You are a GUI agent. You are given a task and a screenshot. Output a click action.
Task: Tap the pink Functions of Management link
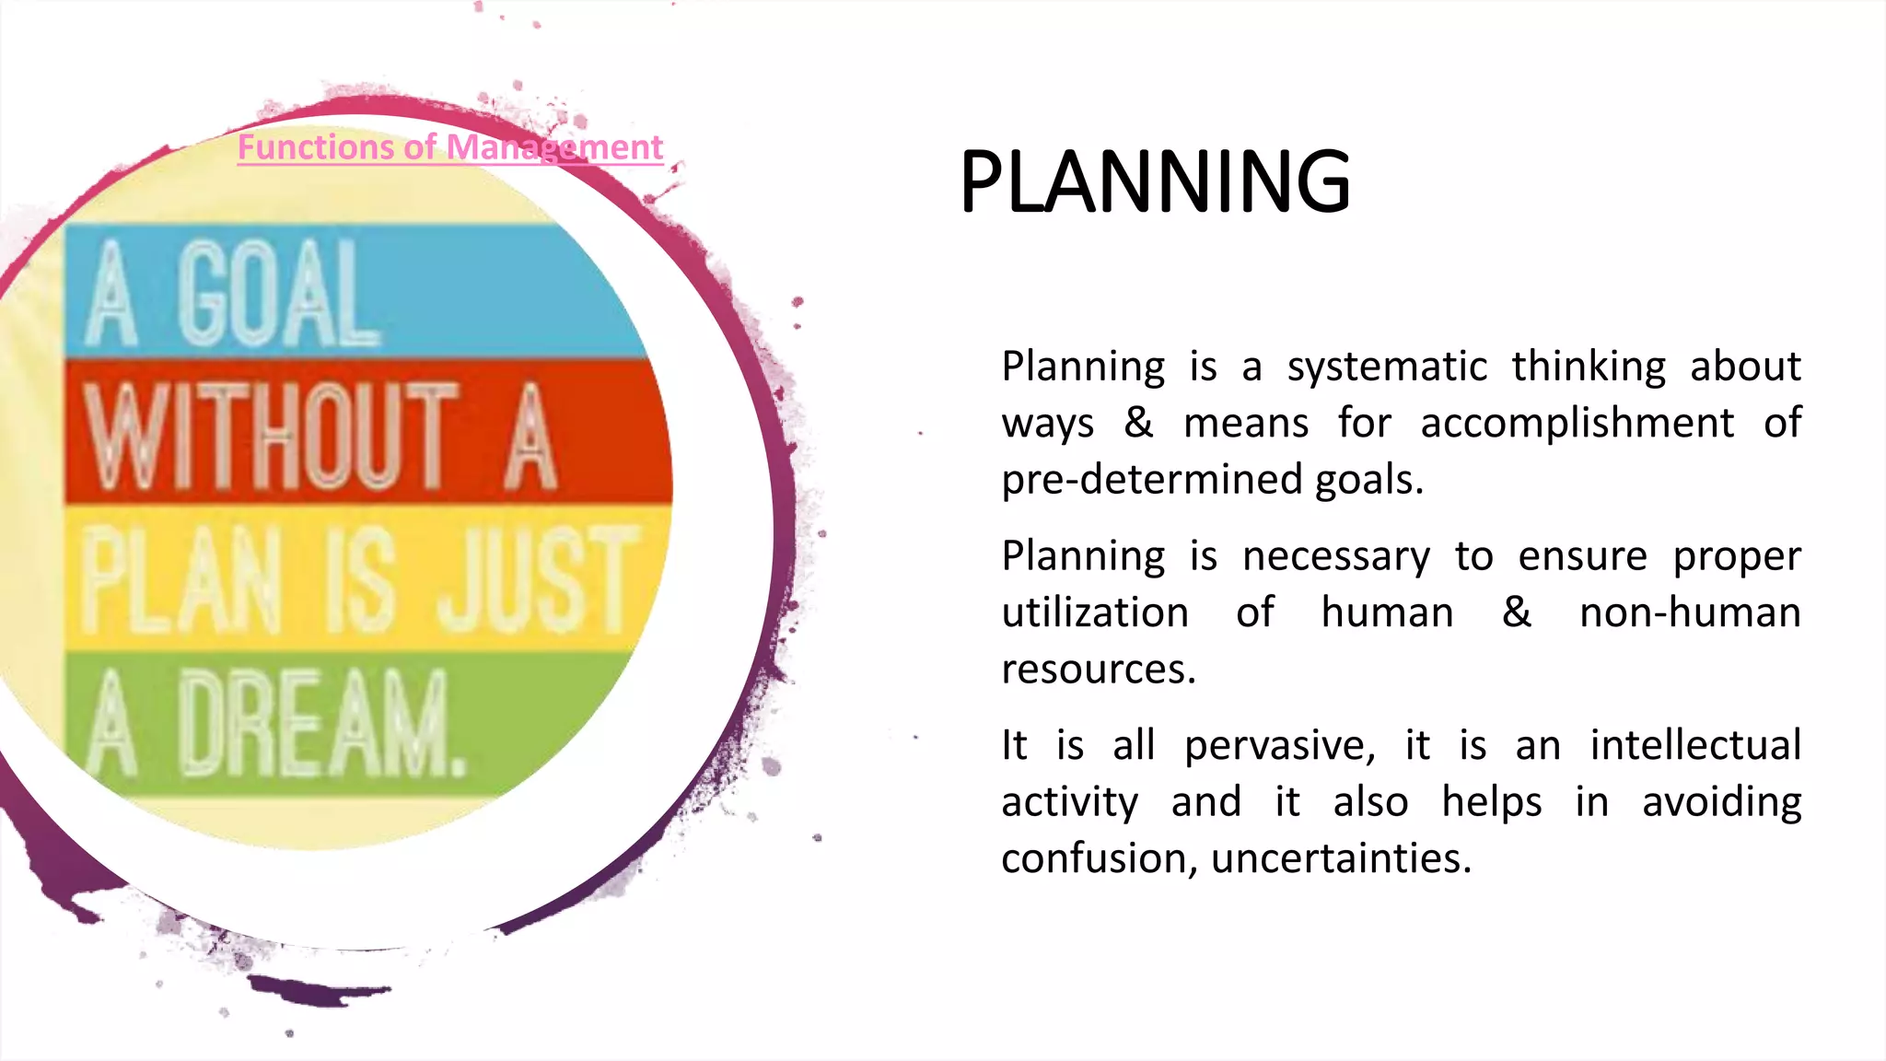tap(449, 147)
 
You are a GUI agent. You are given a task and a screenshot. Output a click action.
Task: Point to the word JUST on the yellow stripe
tap(539, 580)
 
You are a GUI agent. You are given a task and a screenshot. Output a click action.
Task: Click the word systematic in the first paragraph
tap(1387, 367)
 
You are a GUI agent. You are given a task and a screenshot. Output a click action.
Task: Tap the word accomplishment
tap(1577, 424)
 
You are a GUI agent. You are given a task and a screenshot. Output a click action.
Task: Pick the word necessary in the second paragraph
tap(1335, 557)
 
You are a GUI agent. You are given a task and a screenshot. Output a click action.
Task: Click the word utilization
tap(1095, 613)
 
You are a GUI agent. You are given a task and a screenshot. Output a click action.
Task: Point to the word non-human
tap(1690, 613)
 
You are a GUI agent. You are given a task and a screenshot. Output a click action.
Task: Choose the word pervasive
tap(1278, 746)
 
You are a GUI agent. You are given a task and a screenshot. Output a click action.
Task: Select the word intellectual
tap(1694, 745)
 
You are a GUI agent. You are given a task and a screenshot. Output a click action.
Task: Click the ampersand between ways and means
tap(1138, 423)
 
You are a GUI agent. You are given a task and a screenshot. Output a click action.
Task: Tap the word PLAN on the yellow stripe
tap(181, 580)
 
